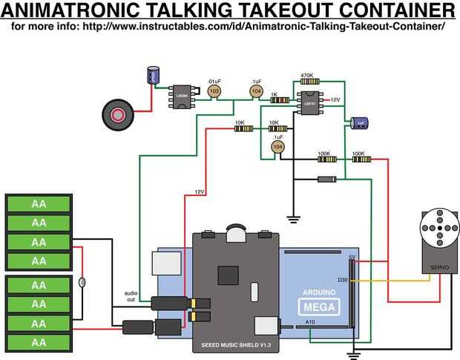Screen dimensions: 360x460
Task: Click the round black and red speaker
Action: (118, 114)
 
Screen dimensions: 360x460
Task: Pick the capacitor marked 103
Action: (214, 91)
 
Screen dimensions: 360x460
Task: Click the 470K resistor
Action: (307, 82)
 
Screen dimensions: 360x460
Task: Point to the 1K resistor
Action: (279, 99)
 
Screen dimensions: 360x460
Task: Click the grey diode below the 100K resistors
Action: (326, 179)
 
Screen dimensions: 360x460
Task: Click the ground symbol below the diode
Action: (293, 218)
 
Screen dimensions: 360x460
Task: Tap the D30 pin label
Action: (342, 280)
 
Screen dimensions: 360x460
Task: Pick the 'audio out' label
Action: (131, 295)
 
